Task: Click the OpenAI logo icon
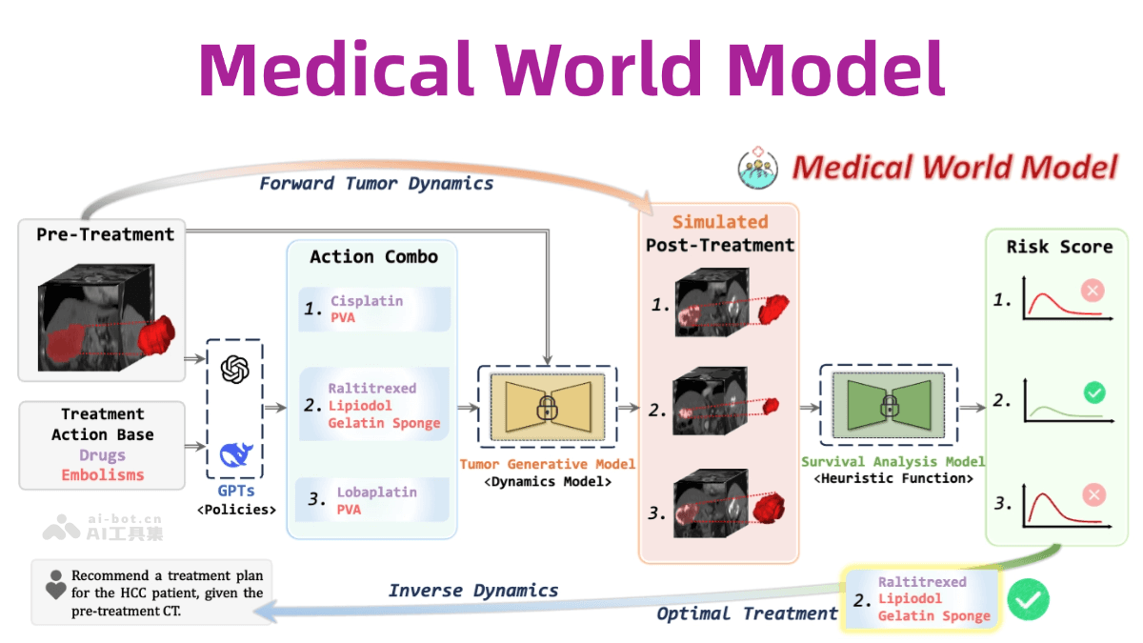pos(234,371)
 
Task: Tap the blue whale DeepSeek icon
pos(235,453)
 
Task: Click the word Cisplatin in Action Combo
pos(367,301)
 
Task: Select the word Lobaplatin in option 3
pos(376,493)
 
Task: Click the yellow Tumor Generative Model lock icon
pos(546,409)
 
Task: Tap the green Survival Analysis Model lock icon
pos(888,408)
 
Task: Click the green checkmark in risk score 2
pos(1094,392)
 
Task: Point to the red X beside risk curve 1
pos(1093,291)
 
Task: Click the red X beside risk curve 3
pos(1094,493)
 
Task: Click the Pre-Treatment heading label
pos(105,234)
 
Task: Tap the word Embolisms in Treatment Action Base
pos(103,474)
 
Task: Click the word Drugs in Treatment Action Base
pos(103,455)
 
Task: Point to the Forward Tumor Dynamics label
pos(376,183)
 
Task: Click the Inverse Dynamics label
pos(473,591)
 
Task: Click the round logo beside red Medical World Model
pos(758,168)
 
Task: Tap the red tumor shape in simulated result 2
pos(769,405)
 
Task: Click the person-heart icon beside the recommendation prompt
pos(56,585)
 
